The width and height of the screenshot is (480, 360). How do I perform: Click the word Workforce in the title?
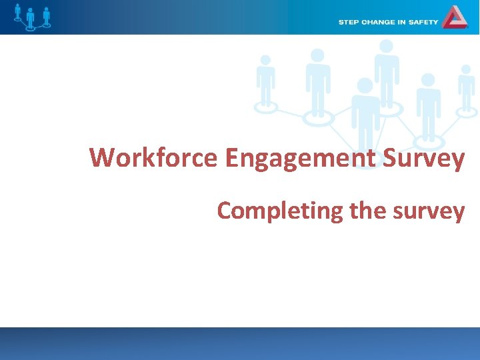click(153, 159)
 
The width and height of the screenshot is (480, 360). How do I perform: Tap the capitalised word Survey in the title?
click(425, 159)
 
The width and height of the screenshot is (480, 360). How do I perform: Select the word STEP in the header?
click(349, 22)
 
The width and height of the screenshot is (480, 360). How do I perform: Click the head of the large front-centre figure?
click(365, 85)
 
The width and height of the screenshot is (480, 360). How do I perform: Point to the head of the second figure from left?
click(317, 55)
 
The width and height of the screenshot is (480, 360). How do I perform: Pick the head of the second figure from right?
click(427, 80)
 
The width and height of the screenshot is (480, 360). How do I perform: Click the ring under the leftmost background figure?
click(267, 107)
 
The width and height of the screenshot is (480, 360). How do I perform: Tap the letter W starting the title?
click(102, 159)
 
